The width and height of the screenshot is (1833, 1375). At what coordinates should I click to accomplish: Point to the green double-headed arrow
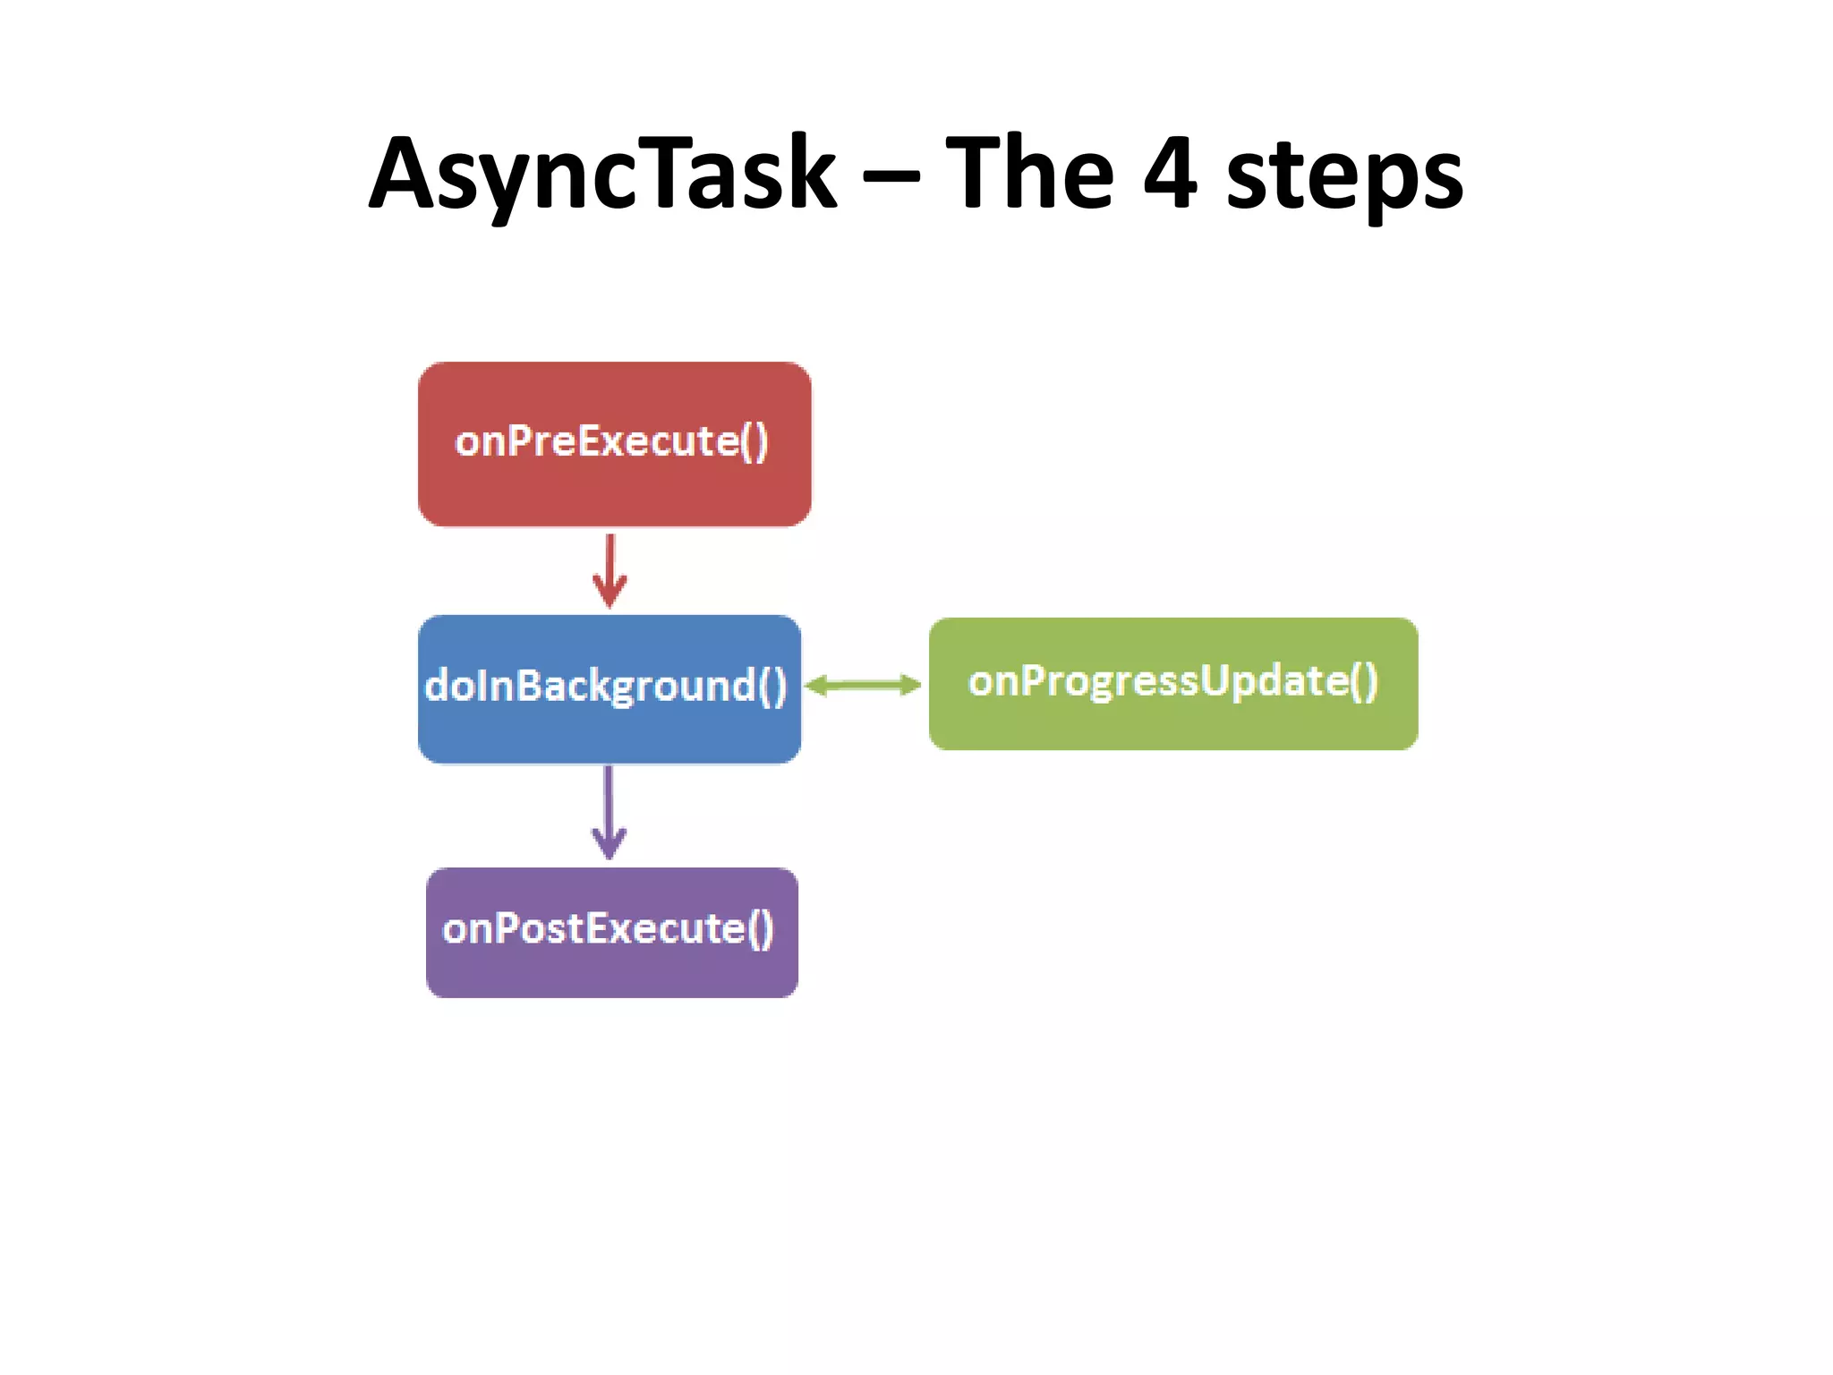pos(863,686)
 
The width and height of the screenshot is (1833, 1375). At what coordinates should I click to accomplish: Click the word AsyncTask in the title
pos(602,174)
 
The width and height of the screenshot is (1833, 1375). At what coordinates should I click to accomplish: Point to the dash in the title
pos(891,176)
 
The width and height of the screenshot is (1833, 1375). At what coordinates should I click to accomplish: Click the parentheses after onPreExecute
pos(755,441)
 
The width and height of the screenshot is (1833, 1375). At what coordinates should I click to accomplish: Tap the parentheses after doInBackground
pos(772,687)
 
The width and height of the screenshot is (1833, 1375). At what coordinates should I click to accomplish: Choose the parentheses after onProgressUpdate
pos(1364,681)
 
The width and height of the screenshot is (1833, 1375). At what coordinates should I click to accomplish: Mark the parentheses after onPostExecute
pos(760,929)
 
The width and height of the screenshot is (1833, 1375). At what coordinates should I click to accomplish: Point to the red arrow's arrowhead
pos(610,594)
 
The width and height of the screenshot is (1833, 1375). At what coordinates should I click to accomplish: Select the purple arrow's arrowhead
pos(609,844)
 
